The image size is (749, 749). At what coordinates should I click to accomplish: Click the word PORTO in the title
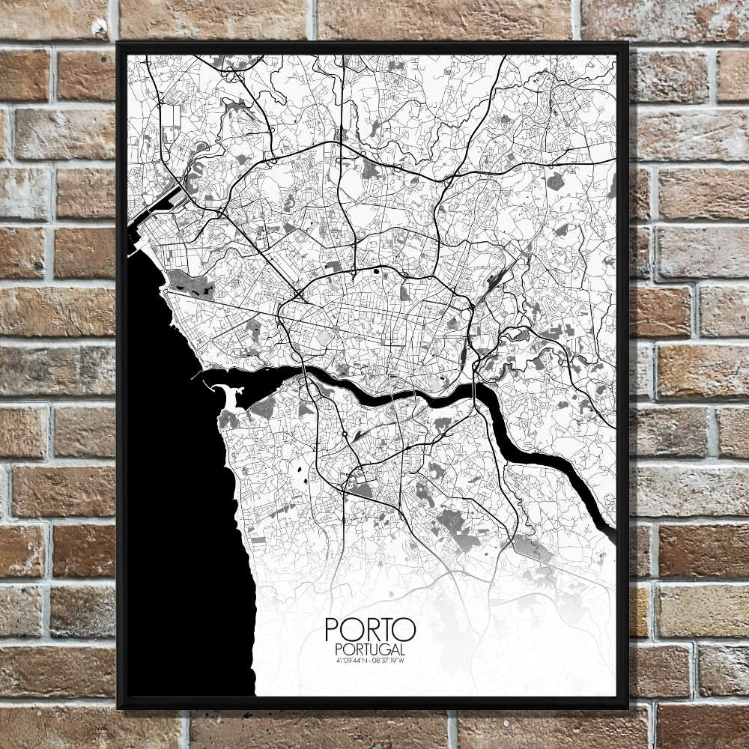coord(369,630)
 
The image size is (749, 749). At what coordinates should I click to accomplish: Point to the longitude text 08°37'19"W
coord(389,661)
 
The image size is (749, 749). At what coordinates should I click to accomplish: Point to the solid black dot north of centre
coord(376,271)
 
